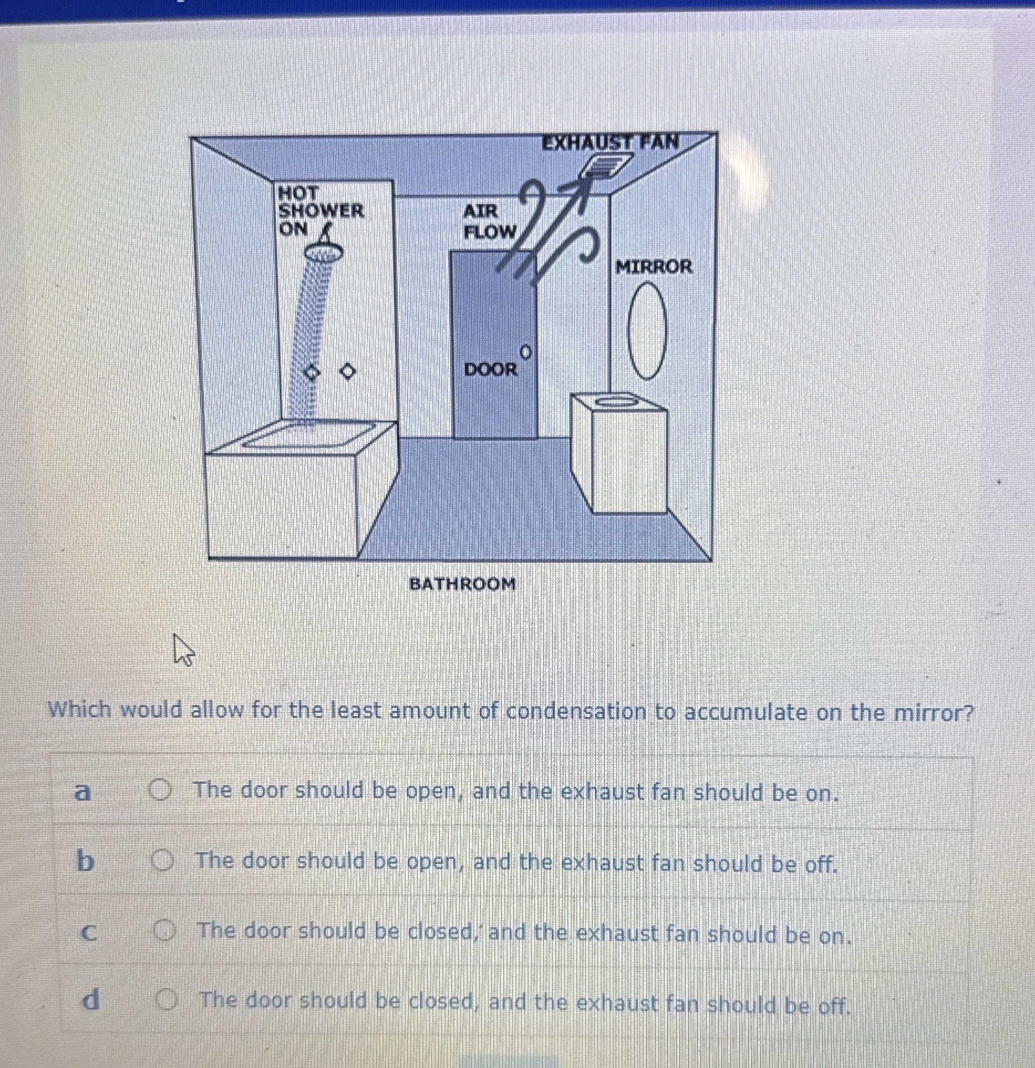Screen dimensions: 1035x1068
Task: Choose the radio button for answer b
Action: (163, 861)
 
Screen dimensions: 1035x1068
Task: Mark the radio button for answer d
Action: (167, 1000)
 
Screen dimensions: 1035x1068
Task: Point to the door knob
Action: (525, 351)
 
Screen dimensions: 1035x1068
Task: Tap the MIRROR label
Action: (654, 267)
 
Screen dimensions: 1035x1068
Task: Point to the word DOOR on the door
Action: (490, 369)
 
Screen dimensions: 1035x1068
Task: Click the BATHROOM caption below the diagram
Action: (462, 583)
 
